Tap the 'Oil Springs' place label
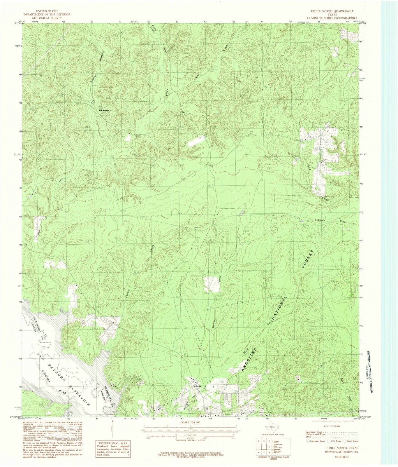(104, 110)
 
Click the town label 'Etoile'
(199, 386)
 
